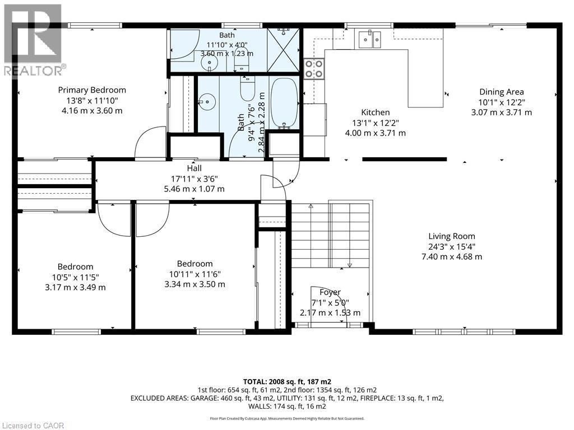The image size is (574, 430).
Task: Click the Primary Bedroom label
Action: [x=92, y=90]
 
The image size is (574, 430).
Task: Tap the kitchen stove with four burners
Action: [x=314, y=68]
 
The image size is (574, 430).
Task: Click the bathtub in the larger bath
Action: [x=284, y=103]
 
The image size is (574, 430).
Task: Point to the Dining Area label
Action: [x=502, y=92]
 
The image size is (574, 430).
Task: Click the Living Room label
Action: [x=452, y=236]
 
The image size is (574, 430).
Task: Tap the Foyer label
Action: [x=330, y=292]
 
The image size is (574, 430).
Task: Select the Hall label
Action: [x=194, y=168]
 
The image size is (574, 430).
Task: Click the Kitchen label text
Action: [x=375, y=112]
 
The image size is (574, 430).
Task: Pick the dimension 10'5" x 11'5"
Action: [x=76, y=277]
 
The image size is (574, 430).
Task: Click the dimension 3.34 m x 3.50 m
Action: [x=195, y=284]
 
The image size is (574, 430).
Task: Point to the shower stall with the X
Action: [x=283, y=50]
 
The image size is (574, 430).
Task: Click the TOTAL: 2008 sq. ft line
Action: [x=287, y=382]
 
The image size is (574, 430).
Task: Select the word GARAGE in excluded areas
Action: [x=203, y=398]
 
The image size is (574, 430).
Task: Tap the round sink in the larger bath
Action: [x=207, y=100]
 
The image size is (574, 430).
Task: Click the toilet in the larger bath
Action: [x=247, y=88]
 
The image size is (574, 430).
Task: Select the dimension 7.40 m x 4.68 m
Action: [x=452, y=256]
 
